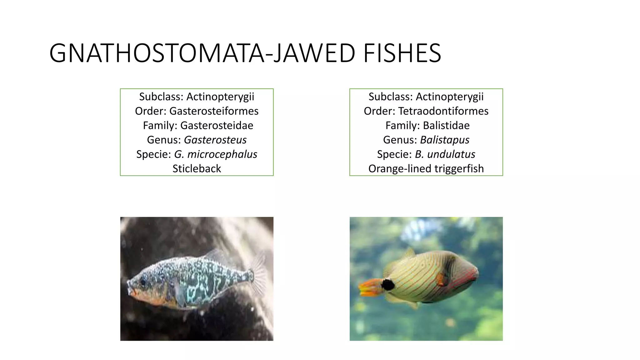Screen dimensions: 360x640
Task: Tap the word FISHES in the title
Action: [402, 53]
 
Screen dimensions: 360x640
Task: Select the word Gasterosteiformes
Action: [214, 111]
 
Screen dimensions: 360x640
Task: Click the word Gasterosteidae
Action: [217, 125]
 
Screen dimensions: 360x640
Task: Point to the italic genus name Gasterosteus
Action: [215, 140]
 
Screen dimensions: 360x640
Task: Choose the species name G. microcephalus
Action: [216, 154]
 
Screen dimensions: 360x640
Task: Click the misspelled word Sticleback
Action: [197, 168]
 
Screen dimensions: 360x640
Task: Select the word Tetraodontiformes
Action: [443, 111]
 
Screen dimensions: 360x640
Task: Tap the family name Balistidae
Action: [446, 125]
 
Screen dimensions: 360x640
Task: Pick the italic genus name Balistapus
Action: [444, 140]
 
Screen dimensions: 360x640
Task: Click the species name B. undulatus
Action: [445, 154]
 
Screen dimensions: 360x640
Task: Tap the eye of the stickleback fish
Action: [143, 282]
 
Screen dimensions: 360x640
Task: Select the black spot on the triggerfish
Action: [388, 285]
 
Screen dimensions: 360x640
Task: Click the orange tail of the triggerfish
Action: [369, 287]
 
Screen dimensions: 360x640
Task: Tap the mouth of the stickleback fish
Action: [131, 292]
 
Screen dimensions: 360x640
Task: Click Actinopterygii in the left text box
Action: [220, 97]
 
